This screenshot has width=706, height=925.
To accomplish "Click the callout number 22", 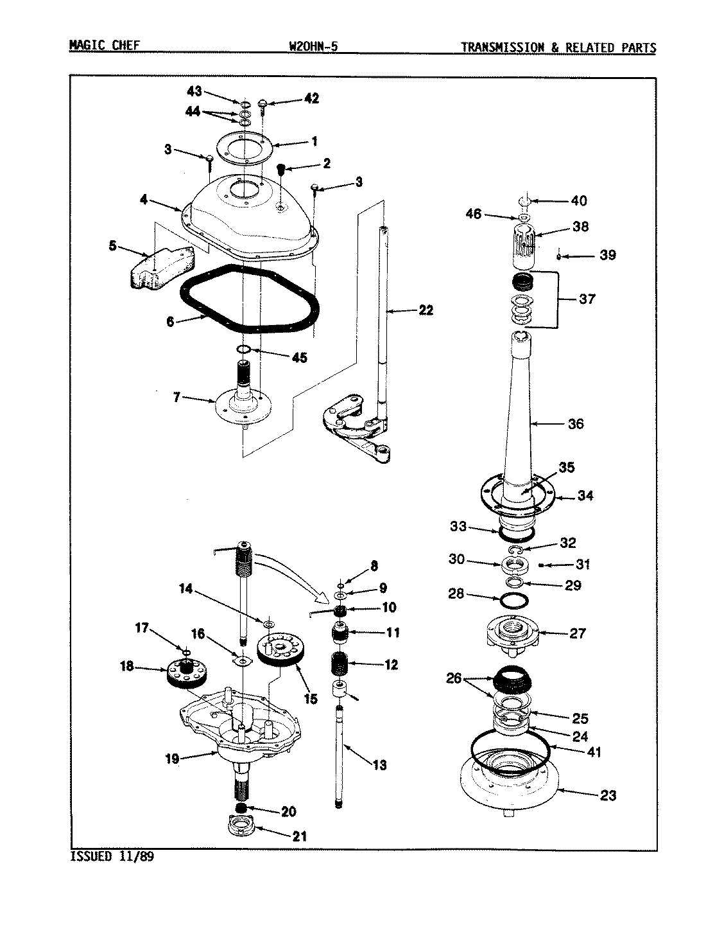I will click(426, 311).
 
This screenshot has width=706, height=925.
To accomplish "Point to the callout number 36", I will click(576, 424).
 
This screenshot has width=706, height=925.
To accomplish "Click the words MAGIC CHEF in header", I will click(104, 47).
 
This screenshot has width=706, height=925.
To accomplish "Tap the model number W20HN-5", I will click(314, 47).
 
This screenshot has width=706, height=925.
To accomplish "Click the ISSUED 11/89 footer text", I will click(110, 856).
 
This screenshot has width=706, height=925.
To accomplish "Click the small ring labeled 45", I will click(243, 349).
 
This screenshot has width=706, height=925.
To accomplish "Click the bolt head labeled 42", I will click(263, 103).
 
